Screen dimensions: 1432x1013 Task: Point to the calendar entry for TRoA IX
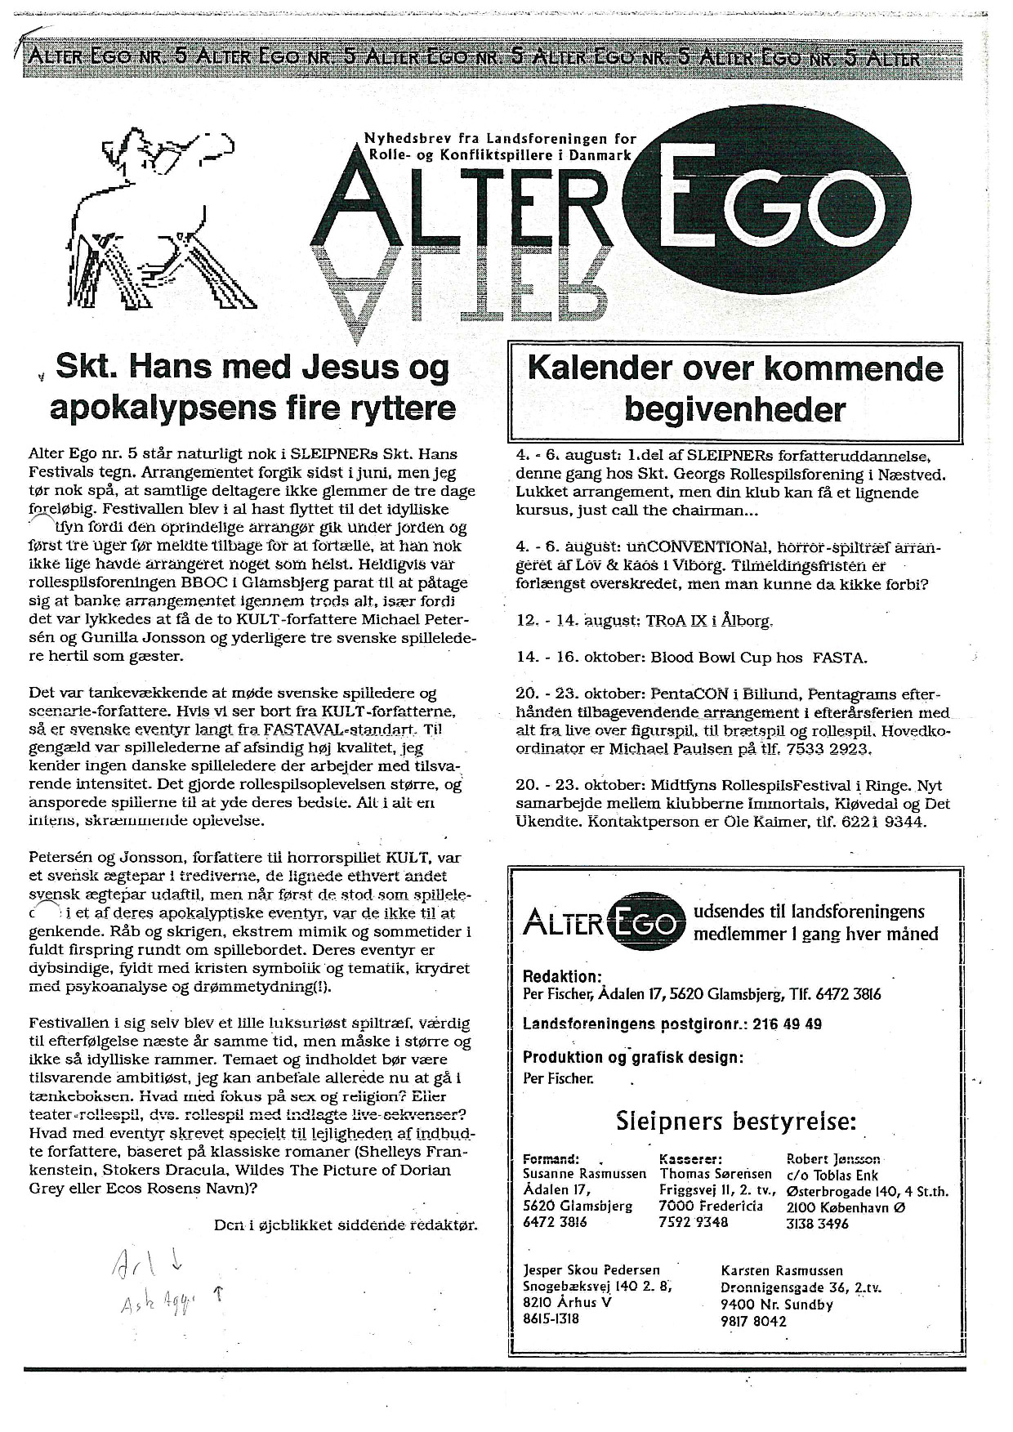(645, 621)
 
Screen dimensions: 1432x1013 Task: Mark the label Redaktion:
(562, 976)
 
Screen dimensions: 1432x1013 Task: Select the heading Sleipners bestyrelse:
(735, 1122)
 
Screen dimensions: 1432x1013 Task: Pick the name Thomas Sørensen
(715, 1174)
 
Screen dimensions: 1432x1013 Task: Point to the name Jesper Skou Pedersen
(591, 1270)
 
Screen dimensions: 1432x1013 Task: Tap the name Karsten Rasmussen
(783, 1270)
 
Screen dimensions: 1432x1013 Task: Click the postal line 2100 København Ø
(842, 1207)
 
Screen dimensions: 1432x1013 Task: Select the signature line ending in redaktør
(345, 1225)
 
